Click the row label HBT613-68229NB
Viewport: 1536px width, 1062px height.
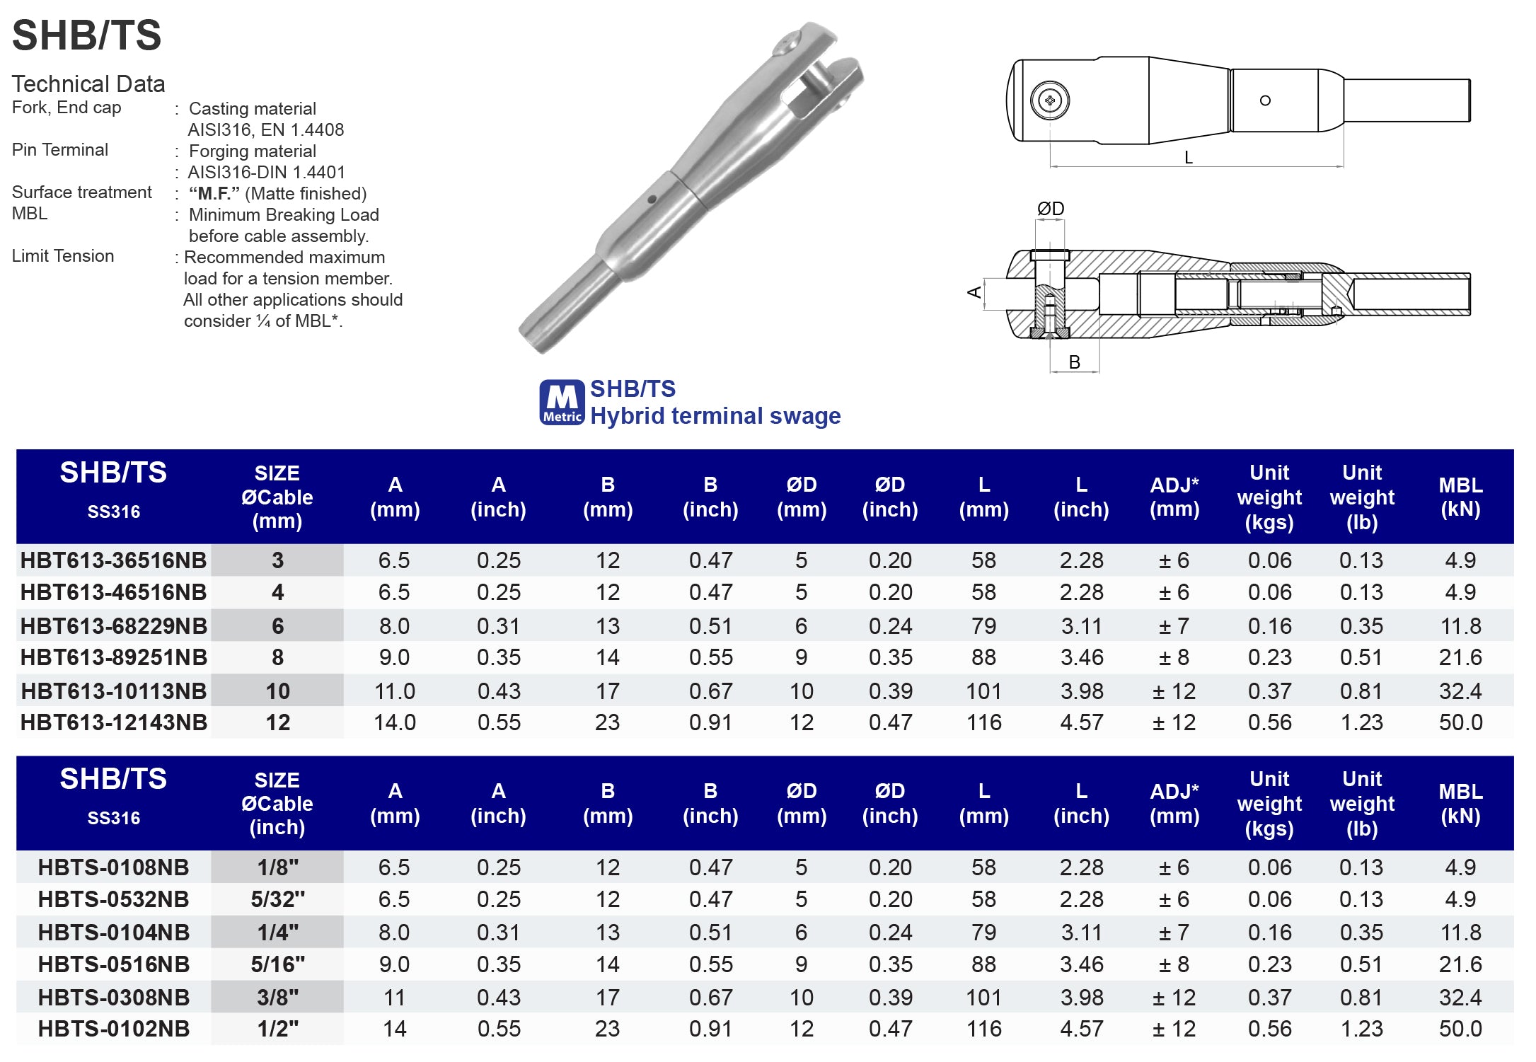tap(113, 625)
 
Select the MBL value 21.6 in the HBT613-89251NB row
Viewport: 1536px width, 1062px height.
tap(1460, 657)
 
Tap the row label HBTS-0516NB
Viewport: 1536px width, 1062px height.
tap(113, 964)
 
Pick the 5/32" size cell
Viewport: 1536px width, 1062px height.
tap(277, 899)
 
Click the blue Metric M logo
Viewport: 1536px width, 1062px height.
tap(562, 403)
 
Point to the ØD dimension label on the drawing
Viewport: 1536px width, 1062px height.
tap(1050, 209)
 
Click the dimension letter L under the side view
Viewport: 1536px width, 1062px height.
tap(1188, 158)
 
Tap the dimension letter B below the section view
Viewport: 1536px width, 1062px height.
tap(1074, 362)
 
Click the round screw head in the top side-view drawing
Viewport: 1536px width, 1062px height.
tap(1049, 100)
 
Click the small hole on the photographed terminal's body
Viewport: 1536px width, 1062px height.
tap(652, 200)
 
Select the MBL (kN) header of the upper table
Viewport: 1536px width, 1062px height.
tap(1460, 497)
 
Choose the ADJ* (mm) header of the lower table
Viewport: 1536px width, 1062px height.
tap(1174, 803)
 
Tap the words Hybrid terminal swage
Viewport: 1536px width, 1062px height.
tap(715, 416)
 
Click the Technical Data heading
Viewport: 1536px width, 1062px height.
tap(88, 84)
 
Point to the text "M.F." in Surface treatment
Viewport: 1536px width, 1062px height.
tap(214, 194)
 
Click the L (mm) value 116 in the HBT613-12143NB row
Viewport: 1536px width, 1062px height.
tap(983, 722)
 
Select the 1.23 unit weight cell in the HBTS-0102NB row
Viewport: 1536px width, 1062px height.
tap(1361, 1029)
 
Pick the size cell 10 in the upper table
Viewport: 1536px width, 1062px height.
tap(277, 691)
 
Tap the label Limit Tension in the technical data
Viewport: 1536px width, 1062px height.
tap(63, 256)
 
